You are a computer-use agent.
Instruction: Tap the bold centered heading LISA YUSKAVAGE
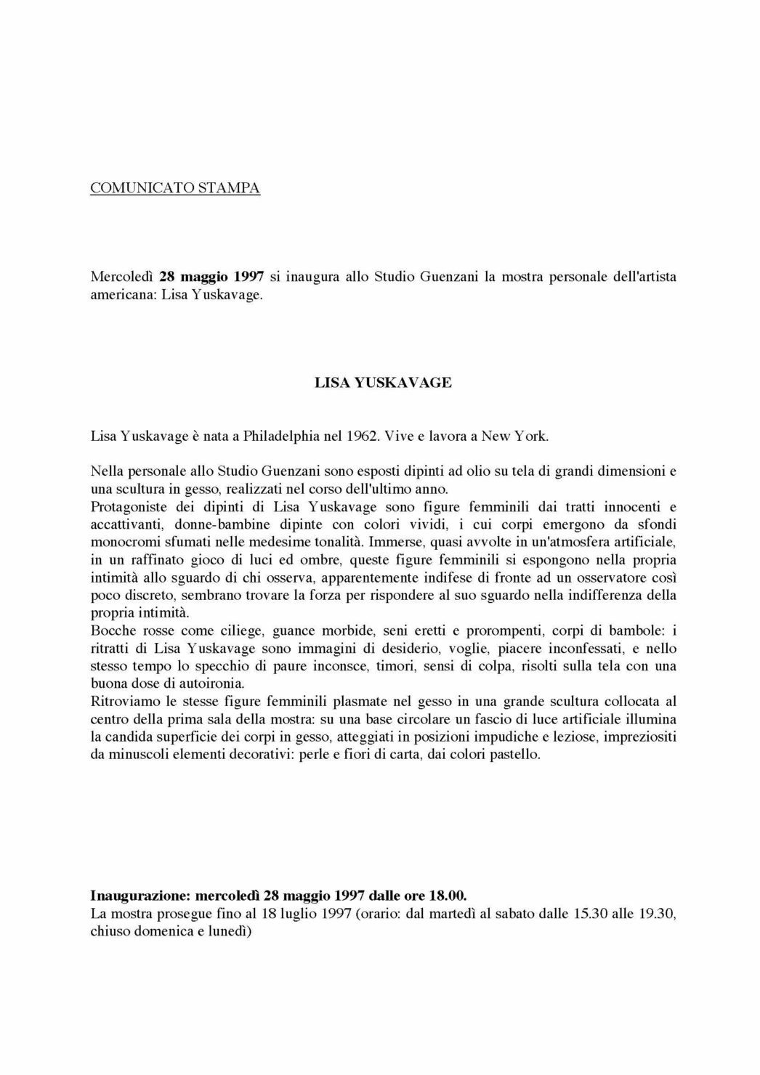click(x=383, y=382)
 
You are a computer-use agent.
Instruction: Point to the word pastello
click(x=515, y=754)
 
